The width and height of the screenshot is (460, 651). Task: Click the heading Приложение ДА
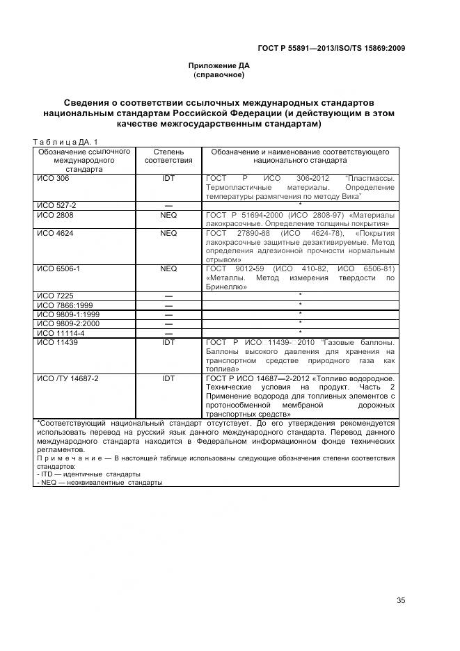(221, 65)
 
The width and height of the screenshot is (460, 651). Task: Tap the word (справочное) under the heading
(221, 74)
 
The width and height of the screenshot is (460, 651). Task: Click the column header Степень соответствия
(168, 156)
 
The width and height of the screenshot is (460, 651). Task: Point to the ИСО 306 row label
(54, 179)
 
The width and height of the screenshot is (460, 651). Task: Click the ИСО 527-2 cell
(57, 206)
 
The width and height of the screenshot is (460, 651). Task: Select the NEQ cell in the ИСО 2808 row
(168, 216)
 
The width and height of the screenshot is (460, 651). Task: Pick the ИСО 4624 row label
(55, 234)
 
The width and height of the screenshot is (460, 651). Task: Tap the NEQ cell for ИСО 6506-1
(168, 268)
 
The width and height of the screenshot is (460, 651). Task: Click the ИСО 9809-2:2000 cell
(65, 324)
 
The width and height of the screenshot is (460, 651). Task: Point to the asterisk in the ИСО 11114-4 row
(300, 333)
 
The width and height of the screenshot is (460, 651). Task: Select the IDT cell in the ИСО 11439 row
(168, 343)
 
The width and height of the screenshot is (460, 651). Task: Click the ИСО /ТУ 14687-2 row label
(68, 379)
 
